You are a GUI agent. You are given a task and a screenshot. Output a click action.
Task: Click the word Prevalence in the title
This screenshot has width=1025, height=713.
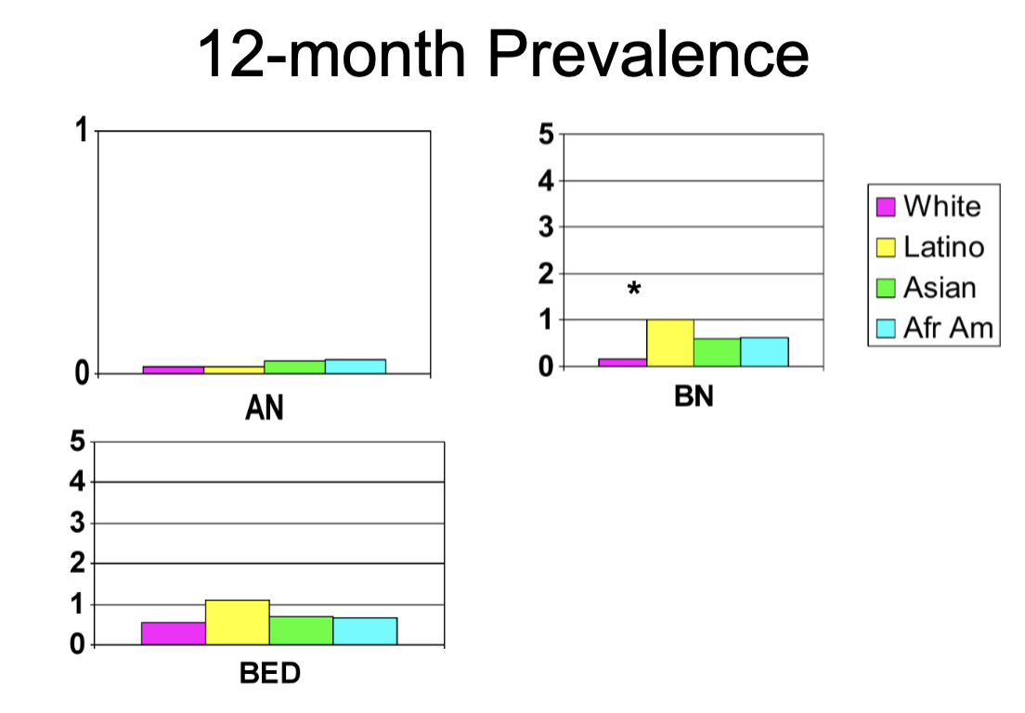tap(649, 54)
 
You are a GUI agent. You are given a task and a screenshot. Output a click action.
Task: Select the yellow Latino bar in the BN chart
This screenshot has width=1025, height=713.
tap(670, 343)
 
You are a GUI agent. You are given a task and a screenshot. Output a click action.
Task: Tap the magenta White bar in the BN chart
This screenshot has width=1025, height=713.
tap(622, 362)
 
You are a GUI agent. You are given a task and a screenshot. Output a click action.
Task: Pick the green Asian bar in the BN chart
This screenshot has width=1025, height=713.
tap(717, 353)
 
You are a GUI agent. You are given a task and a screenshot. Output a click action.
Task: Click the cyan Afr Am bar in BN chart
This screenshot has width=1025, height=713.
tap(764, 352)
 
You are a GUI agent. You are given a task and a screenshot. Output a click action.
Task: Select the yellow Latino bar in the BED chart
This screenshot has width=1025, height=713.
tap(238, 622)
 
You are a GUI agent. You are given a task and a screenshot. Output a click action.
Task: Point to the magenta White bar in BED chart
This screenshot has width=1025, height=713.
tap(174, 633)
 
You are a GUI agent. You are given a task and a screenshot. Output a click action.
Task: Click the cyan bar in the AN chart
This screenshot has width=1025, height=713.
tap(356, 367)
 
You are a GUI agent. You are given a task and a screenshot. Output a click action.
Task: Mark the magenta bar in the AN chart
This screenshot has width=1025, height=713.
tap(174, 369)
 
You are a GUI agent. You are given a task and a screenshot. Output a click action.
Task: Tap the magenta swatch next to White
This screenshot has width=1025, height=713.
tap(887, 206)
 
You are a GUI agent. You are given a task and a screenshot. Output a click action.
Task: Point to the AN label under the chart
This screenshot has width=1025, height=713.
tap(265, 408)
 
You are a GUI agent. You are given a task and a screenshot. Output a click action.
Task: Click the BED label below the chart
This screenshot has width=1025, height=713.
tap(270, 673)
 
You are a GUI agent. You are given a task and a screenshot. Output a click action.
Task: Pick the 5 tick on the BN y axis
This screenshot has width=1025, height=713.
tap(545, 135)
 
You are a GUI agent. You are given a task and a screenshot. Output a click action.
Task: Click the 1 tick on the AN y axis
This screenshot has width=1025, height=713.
tap(81, 131)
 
